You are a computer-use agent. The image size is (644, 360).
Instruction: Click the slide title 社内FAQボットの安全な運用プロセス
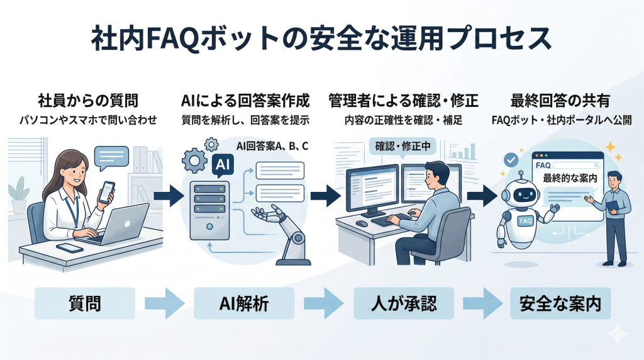pyautogui.click(x=321, y=39)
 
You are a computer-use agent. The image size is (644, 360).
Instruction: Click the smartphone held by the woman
pyautogui.click(x=107, y=191)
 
